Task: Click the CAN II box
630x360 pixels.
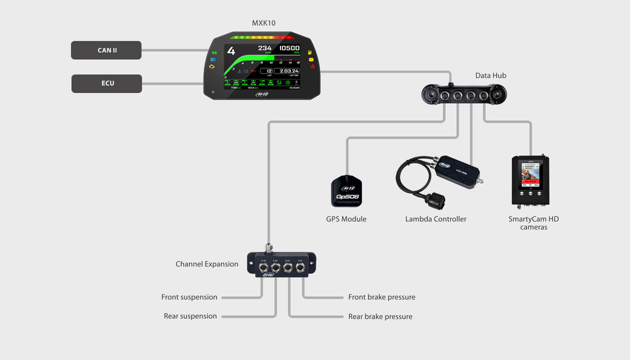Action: (x=106, y=50)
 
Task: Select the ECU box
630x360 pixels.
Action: (x=106, y=84)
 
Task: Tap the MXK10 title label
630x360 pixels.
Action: (x=263, y=23)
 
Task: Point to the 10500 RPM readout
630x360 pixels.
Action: (x=289, y=48)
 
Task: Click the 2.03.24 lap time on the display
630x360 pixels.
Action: (x=287, y=71)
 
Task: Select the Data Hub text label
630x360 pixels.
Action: (x=490, y=76)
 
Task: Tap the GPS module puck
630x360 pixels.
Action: (x=347, y=191)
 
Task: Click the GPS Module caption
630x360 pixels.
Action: (x=346, y=219)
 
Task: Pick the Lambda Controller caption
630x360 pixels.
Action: (x=436, y=219)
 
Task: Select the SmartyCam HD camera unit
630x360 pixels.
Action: (x=530, y=180)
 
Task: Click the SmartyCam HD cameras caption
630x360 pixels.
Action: (x=533, y=223)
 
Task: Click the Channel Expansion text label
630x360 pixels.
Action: (x=207, y=264)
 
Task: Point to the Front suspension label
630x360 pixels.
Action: (x=189, y=297)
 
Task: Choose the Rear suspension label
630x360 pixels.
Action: (x=190, y=316)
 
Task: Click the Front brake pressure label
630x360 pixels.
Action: (x=381, y=297)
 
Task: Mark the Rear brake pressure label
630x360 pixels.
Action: (x=380, y=316)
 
